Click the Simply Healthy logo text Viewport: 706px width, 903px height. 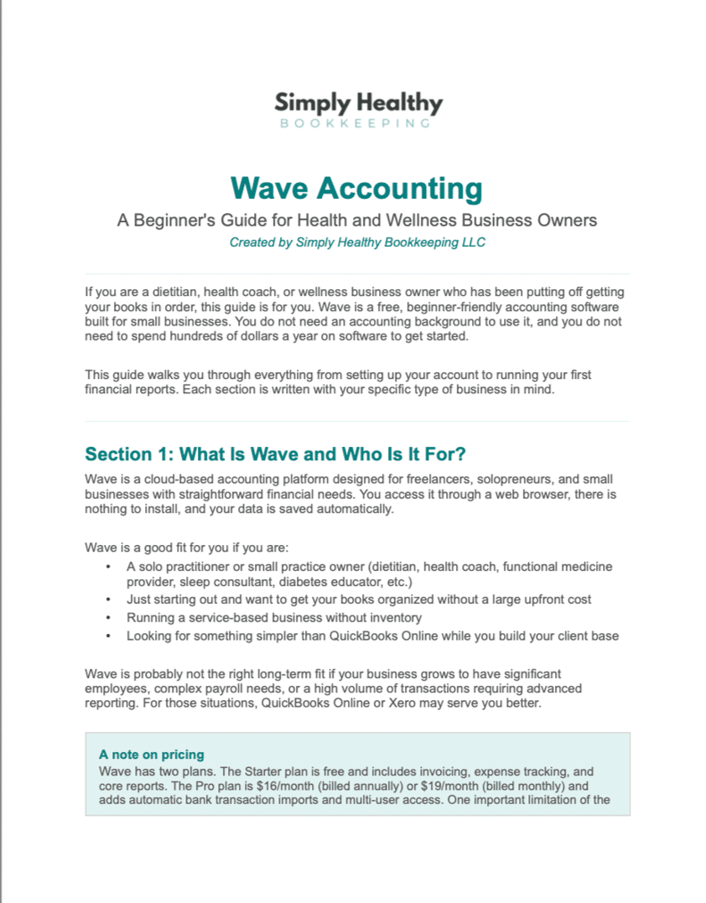click(x=358, y=103)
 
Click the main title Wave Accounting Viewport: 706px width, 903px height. click(x=356, y=188)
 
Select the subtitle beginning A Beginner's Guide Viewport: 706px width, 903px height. click(x=356, y=221)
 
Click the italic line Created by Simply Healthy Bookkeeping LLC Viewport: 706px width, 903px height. click(x=356, y=242)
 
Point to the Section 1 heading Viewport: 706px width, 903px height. click(x=275, y=454)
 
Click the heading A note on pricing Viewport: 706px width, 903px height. click(x=151, y=755)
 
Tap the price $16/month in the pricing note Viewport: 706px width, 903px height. click(x=305, y=786)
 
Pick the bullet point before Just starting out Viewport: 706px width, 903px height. click(x=109, y=599)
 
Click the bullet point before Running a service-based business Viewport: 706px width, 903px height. click(x=109, y=618)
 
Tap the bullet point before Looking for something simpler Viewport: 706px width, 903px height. click(x=109, y=636)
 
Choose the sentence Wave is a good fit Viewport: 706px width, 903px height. click(x=186, y=548)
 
